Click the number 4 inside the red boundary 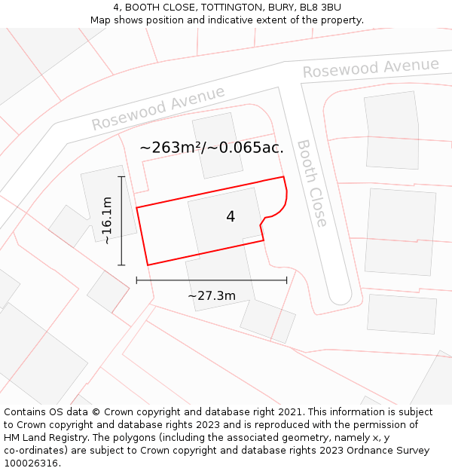pos(231,217)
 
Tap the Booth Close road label pos(312,183)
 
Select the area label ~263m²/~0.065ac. pos(212,148)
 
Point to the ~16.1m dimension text pos(107,220)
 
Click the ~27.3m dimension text pos(212,295)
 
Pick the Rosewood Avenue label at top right pos(371,68)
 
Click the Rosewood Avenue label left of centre pos(158,108)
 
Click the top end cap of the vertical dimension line pos(121,176)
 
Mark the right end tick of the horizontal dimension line pos(287,280)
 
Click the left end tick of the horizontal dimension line pos(136,280)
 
